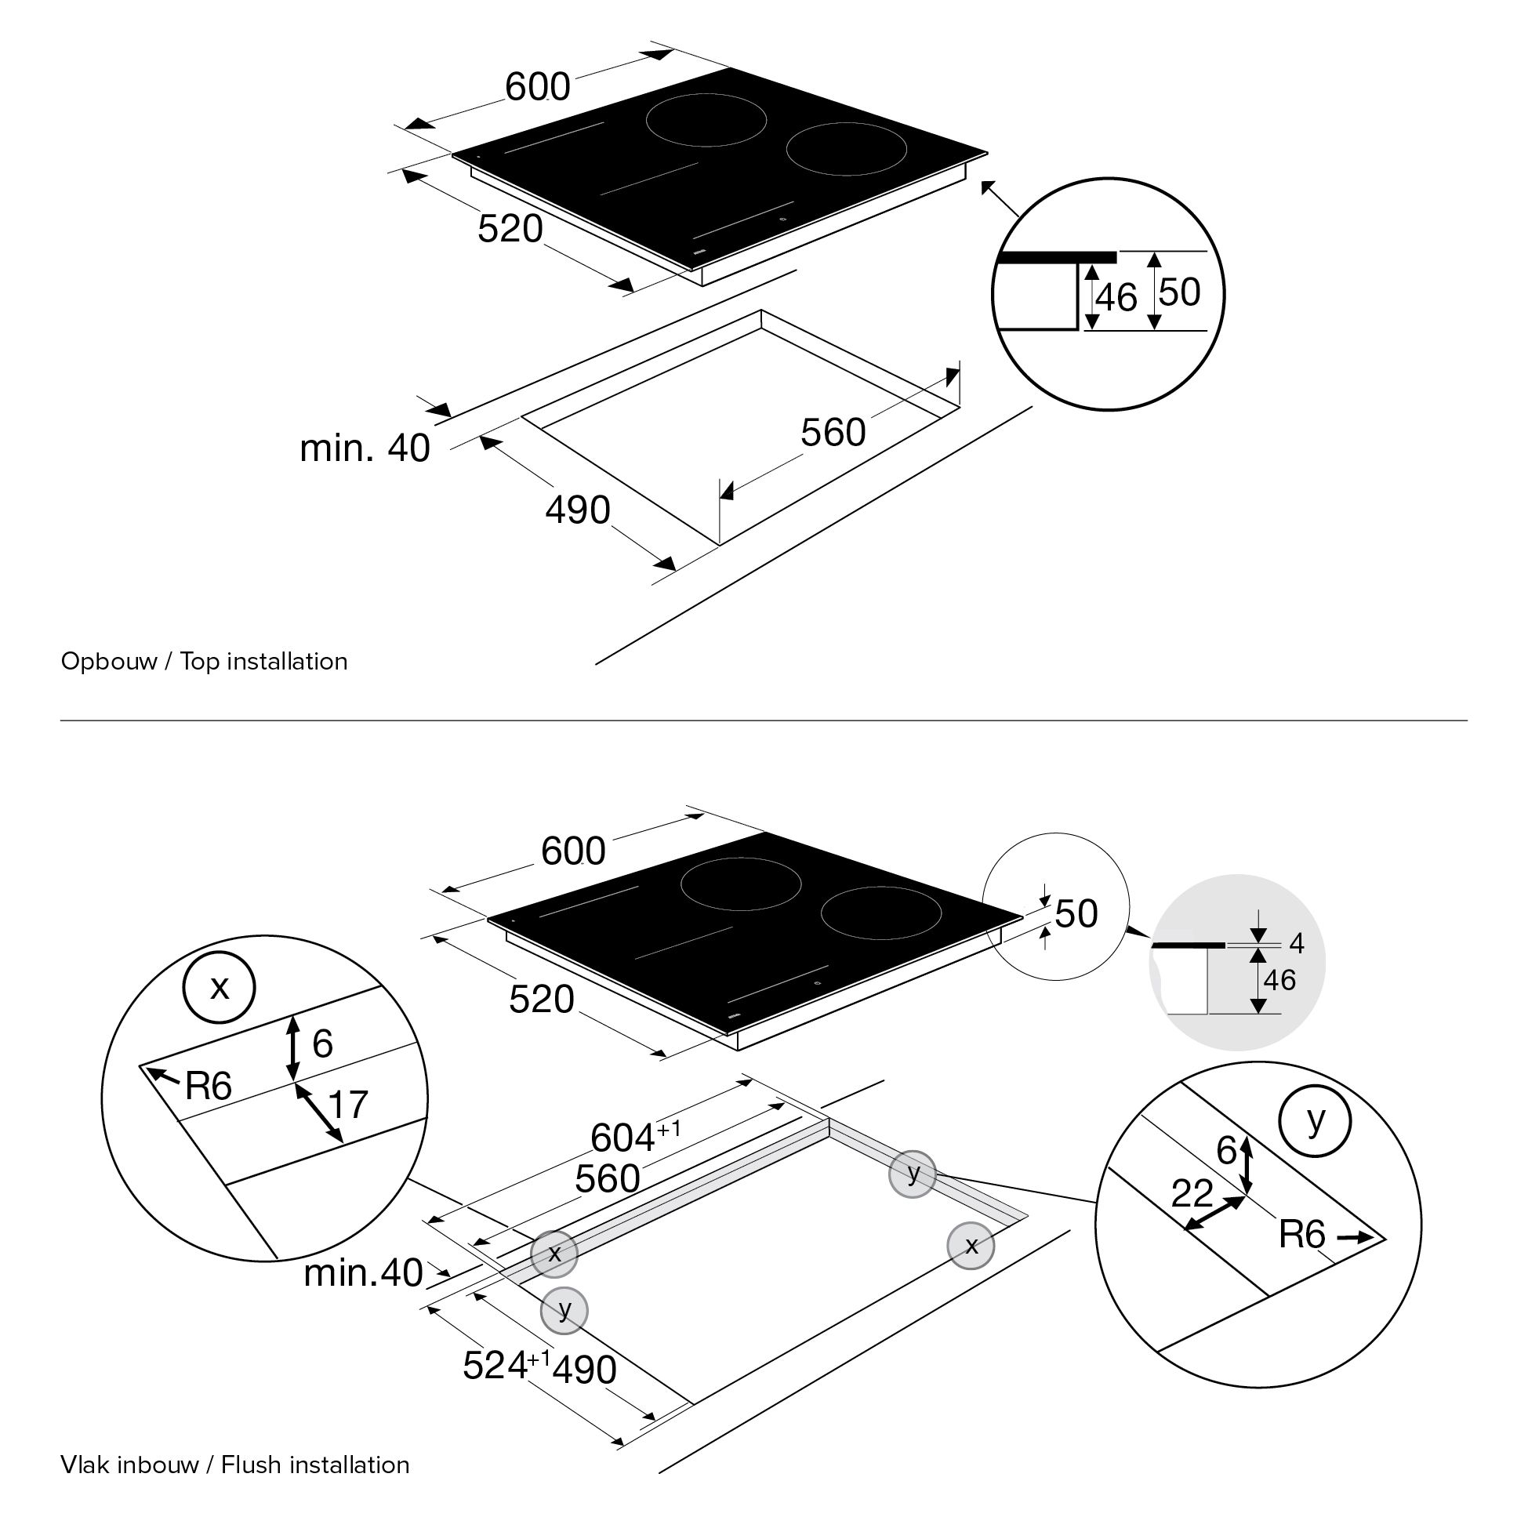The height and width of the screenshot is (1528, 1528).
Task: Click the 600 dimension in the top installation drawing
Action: pos(537,87)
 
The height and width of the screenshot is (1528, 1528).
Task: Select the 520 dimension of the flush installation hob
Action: pos(541,1000)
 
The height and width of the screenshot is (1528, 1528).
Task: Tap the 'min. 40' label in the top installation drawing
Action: pos(365,448)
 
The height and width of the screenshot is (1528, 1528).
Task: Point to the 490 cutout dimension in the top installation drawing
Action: pos(577,510)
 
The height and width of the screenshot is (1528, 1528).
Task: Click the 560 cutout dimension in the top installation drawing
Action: pos(833,433)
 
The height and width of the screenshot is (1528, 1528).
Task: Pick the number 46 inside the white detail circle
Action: pos(1116,298)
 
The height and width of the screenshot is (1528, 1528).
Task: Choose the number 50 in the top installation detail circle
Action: pos(1179,292)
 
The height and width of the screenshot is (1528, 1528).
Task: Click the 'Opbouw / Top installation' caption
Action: pos(204,661)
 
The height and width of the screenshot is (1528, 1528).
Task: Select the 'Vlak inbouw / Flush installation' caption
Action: pos(235,1464)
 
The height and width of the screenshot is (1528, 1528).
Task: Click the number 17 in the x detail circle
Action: pos(348,1104)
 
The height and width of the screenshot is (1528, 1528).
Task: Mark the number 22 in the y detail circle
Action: pos(1191,1193)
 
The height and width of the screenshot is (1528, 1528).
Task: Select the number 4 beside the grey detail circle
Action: pos(1296,942)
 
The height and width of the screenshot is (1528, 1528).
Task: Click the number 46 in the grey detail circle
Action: pos(1279,981)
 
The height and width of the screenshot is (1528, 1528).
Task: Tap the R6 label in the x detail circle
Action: pos(208,1087)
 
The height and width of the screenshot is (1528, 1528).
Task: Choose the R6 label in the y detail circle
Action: pos(1301,1235)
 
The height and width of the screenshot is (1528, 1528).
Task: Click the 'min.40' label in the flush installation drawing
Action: pos(363,1272)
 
